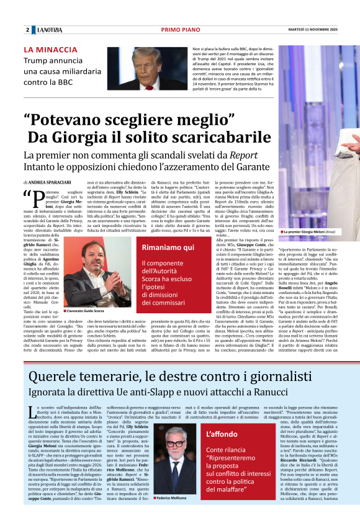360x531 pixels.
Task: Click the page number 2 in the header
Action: tap(28, 29)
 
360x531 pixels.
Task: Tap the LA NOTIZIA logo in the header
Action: tap(49, 29)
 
